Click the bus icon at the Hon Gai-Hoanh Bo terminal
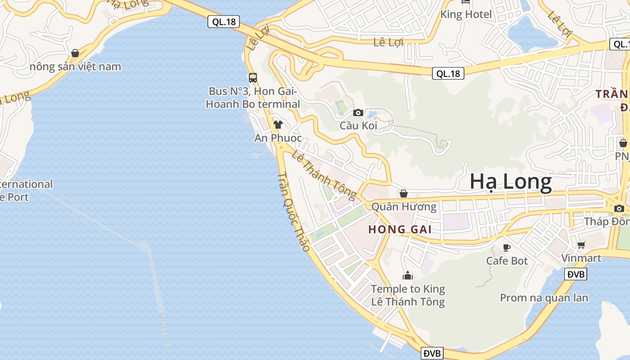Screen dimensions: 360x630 pos(253,77)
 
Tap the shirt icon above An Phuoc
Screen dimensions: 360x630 pos(278,124)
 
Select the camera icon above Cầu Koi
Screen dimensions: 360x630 pos(358,112)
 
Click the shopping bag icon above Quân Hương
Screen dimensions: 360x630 pos(404,193)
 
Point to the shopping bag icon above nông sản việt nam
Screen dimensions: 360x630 pos(75,53)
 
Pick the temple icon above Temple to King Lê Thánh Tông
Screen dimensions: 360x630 pos(408,275)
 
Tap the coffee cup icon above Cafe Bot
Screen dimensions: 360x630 pos(507,247)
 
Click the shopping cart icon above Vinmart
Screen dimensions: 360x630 pos(581,245)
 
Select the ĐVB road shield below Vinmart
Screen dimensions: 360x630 pos(576,274)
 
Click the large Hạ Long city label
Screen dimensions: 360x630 pos(511,182)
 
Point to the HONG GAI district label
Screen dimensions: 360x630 pos(400,229)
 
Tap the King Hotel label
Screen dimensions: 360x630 pos(466,14)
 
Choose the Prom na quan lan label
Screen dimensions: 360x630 pos(544,298)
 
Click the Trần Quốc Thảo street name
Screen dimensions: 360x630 pos(294,211)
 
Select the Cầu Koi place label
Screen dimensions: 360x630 pos(358,126)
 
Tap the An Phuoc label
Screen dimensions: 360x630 pos(278,138)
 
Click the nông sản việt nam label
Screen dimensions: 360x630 pos(75,67)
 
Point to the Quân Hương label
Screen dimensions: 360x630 pos(404,207)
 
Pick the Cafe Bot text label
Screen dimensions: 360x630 pos(507,261)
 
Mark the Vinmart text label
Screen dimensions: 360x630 pos(581,258)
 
